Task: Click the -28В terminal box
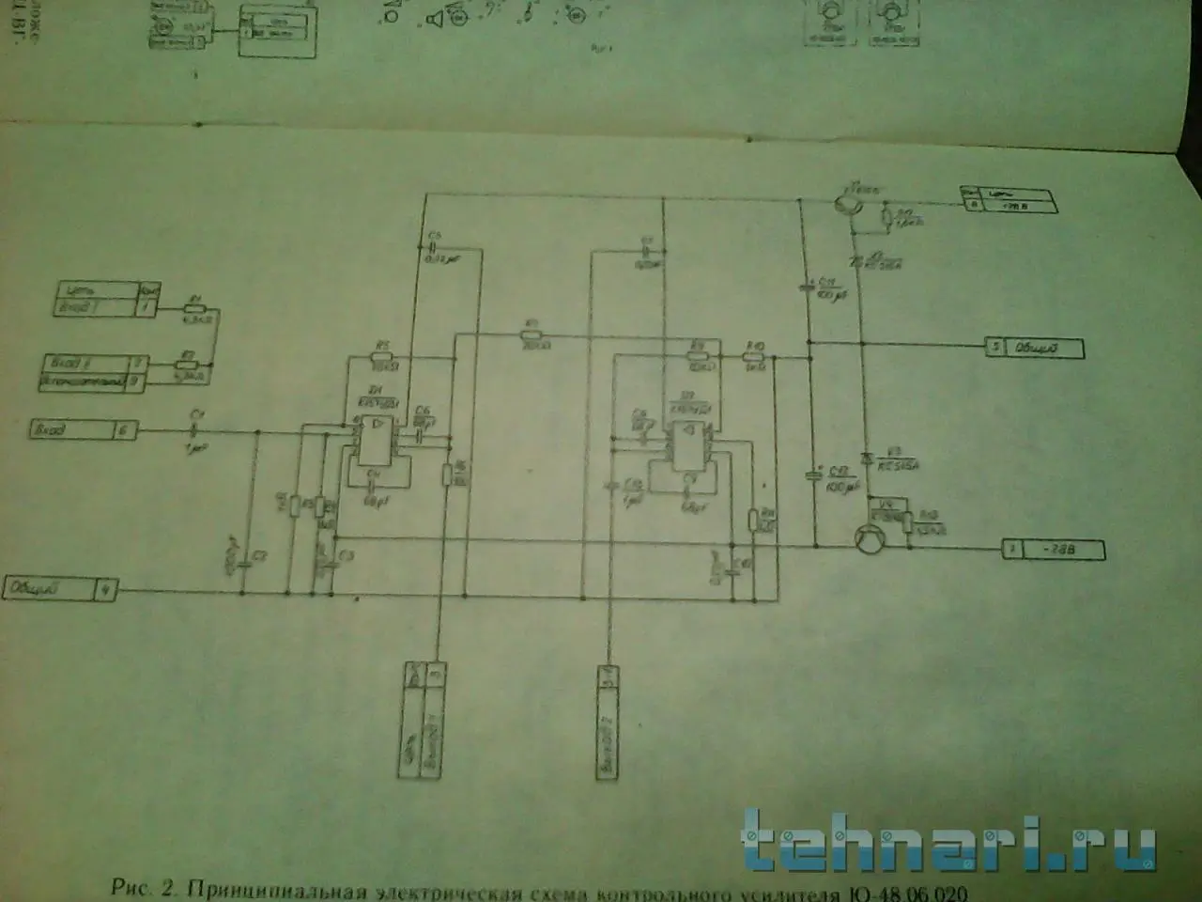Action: [1051, 551]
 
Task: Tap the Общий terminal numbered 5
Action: [1033, 349]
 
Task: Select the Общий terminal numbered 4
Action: [61, 590]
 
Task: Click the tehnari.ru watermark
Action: [948, 841]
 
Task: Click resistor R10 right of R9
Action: [754, 356]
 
